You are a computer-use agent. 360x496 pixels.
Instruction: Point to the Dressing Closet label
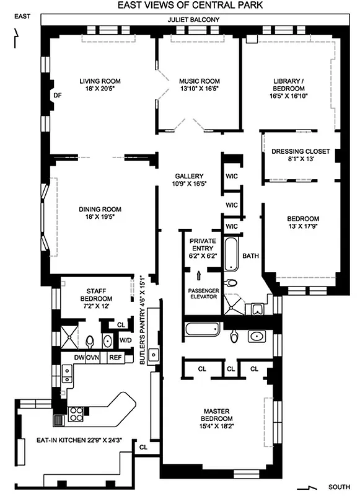pos(301,155)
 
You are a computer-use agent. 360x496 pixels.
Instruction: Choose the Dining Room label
pos(99,213)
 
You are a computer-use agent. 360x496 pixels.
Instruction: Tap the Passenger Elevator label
pos(201,294)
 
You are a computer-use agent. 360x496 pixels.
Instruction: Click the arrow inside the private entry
pos(199,273)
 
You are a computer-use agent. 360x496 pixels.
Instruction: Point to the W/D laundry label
pos(125,340)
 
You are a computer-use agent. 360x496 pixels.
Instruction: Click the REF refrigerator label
pos(115,358)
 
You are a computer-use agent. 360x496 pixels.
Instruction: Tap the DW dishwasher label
pos(79,358)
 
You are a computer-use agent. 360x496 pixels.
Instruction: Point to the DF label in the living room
pos(58,95)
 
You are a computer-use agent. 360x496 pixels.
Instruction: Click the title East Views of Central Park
pos(190,6)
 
